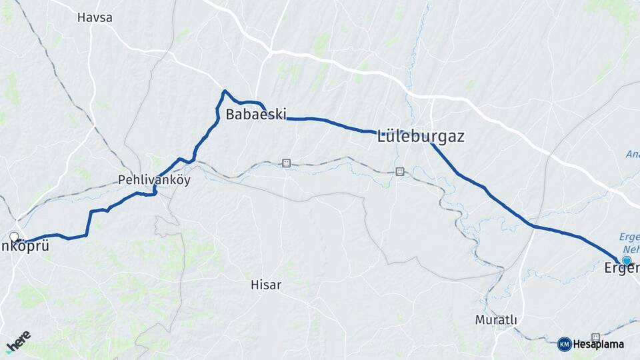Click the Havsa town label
coord(95,18)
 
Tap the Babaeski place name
coord(256,114)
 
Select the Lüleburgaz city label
coord(421,137)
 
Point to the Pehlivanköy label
coord(154,180)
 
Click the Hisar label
coord(265,285)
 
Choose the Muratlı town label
coord(496,320)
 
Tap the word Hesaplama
coord(599,345)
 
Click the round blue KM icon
coord(564,345)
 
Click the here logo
coord(18,342)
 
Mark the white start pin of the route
coord(14,237)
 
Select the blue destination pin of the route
coord(627,261)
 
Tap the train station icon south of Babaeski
coord(286,163)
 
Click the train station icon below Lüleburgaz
coord(399,171)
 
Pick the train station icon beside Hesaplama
coord(595,337)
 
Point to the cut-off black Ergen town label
coord(621,269)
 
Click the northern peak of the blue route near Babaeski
coord(225,91)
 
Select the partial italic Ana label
coord(631,154)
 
